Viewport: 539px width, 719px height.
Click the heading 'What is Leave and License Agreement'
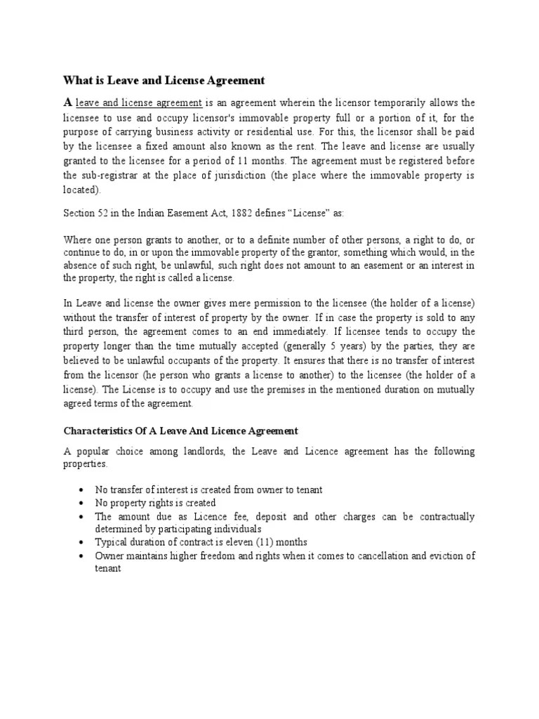164,80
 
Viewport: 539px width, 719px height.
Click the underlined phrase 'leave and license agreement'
139,103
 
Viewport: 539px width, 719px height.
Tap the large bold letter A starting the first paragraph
68,103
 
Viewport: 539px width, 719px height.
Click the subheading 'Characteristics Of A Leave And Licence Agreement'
181,430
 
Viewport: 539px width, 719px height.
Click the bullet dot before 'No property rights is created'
83,503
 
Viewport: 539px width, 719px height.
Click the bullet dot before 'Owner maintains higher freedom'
83,556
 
